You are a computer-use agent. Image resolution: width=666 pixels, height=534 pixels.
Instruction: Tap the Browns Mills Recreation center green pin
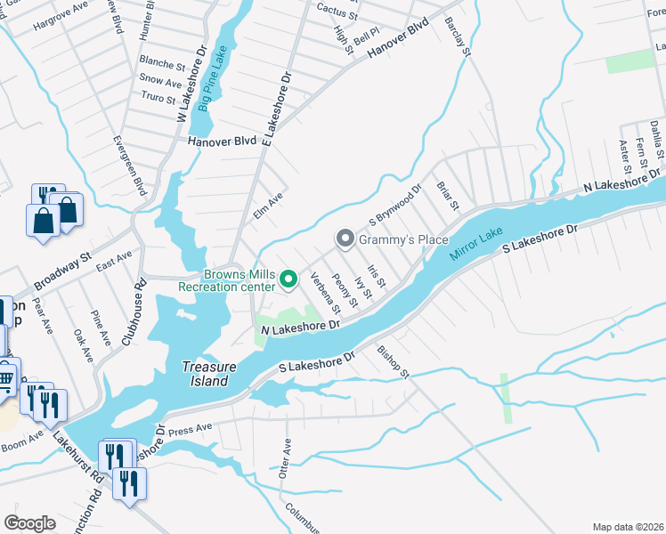pyautogui.click(x=288, y=279)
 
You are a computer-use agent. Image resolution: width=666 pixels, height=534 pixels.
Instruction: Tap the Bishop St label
pyautogui.click(x=393, y=362)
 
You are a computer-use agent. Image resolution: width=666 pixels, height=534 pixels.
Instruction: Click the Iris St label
pyautogui.click(x=376, y=276)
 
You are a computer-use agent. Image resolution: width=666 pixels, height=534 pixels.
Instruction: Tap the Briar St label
pyautogui.click(x=447, y=197)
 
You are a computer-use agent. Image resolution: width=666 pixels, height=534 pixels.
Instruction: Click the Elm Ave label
pyautogui.click(x=267, y=206)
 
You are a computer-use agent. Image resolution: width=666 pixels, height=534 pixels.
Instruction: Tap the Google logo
pyautogui.click(x=29, y=522)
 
